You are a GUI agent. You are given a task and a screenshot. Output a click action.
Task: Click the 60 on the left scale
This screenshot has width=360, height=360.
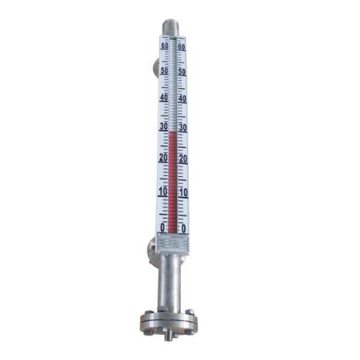165,46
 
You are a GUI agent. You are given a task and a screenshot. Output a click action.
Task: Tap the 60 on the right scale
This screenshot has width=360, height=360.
182,47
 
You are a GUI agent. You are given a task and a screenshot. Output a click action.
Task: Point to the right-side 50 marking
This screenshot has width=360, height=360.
182,72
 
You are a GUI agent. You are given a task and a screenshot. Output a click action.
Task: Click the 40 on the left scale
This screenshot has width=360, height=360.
163,98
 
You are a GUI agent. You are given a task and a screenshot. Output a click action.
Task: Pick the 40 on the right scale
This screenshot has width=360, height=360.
182,98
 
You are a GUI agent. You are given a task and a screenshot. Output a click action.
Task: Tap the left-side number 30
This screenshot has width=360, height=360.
162,126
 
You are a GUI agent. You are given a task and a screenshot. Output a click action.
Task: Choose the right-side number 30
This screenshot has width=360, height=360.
182,127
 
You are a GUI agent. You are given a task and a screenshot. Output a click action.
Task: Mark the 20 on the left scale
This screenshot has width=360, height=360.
162,157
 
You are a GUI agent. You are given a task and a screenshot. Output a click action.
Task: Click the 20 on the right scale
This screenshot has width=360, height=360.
182,158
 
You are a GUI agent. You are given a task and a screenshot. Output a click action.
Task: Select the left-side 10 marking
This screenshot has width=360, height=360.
162,191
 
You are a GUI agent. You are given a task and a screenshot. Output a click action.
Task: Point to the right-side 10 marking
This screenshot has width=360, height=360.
182,192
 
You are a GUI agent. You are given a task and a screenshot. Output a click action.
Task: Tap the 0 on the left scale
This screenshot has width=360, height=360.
162,227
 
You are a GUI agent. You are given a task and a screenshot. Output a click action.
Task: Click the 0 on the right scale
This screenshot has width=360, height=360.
183,228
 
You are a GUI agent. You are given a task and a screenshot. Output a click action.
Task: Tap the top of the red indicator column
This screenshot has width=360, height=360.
173,133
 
